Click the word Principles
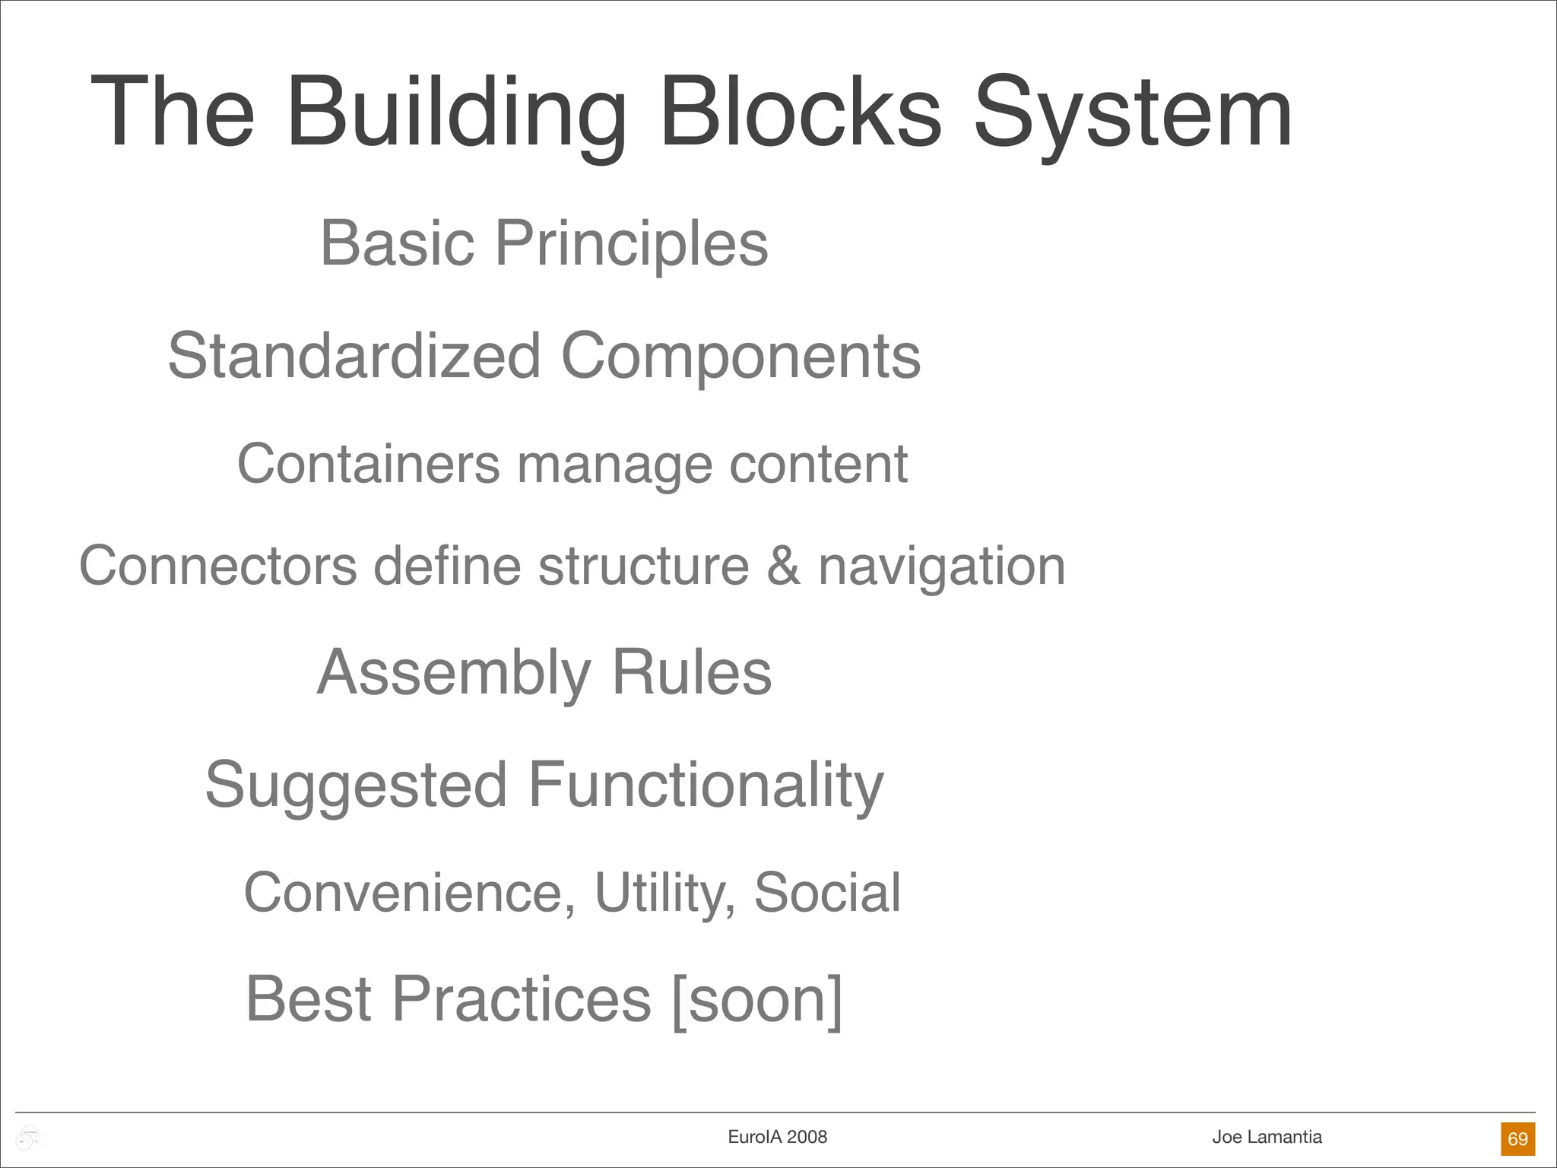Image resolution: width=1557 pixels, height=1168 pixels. (x=632, y=243)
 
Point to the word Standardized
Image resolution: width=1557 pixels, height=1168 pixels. (x=354, y=356)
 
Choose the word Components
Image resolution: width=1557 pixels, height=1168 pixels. (x=740, y=356)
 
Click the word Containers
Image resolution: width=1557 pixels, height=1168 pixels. (x=369, y=463)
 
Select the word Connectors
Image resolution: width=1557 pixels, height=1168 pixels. (x=218, y=566)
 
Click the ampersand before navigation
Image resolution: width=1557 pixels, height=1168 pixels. (x=783, y=566)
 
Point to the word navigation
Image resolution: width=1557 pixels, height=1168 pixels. (x=941, y=567)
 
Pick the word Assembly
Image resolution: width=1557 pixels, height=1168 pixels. (x=454, y=673)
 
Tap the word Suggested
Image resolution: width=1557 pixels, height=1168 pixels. (x=356, y=786)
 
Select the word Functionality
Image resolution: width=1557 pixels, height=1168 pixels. (x=706, y=786)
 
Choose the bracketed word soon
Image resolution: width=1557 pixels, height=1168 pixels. (x=757, y=999)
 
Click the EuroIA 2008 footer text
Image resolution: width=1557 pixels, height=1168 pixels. (x=777, y=1137)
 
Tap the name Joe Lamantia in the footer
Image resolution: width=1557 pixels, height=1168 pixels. (x=1267, y=1137)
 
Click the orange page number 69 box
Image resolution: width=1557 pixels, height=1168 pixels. (x=1517, y=1138)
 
